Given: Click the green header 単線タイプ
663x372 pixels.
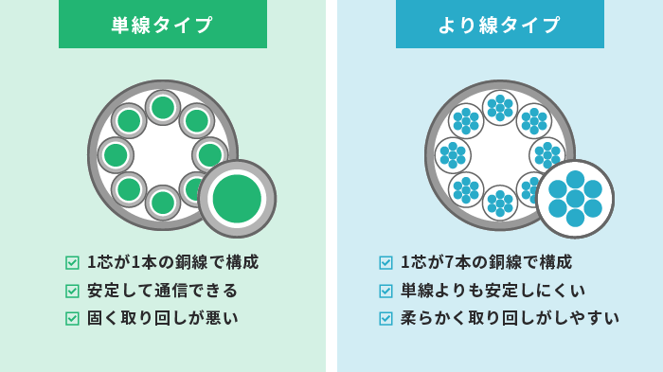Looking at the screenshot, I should (x=162, y=25).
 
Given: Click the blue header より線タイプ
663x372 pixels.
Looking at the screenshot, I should (x=499, y=25).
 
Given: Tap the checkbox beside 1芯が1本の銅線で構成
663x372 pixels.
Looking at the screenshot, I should (x=72, y=263).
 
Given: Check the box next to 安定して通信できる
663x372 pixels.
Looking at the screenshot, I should (x=72, y=291).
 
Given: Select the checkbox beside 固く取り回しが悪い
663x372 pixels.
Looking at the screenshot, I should (x=72, y=318).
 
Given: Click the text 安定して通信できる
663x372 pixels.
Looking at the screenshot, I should (x=162, y=291).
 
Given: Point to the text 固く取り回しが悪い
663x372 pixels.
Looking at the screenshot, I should (x=162, y=318).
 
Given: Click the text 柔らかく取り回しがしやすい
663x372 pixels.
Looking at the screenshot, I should (x=510, y=318).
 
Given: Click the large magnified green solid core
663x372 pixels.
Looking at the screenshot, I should (x=237, y=199).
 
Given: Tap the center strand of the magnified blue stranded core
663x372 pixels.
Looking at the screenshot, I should (x=575, y=199).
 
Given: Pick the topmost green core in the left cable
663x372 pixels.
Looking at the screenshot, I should (x=163, y=108).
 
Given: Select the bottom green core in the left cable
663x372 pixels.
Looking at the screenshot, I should (x=163, y=203).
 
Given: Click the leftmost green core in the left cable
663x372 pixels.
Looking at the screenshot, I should (x=116, y=155).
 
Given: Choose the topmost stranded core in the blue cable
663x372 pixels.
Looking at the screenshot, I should (x=500, y=108).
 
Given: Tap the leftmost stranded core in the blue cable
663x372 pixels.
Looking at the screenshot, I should (x=453, y=155).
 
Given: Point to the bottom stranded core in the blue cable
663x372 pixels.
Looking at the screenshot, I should (x=500, y=203).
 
